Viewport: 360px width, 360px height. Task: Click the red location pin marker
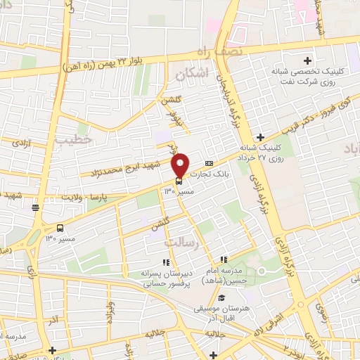181,165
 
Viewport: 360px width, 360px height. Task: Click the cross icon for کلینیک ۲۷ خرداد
261,137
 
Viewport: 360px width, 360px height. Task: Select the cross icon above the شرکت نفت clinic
307,60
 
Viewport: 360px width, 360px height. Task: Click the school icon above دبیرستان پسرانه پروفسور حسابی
146,262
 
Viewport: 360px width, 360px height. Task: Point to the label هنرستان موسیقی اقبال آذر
224,314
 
